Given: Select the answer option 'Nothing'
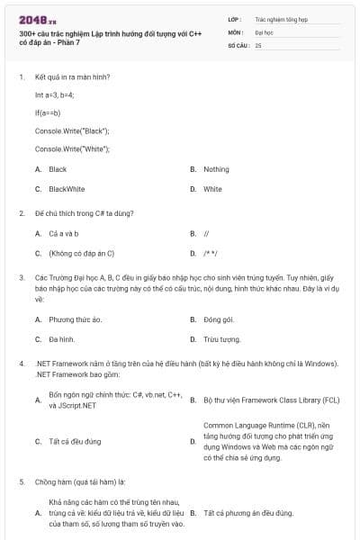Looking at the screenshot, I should click(x=216, y=169).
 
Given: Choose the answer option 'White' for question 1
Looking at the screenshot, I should click(x=212, y=189).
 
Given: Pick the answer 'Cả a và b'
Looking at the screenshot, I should click(x=64, y=233).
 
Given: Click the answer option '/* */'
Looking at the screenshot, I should click(x=211, y=253).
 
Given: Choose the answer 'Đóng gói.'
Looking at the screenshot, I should click(x=219, y=319).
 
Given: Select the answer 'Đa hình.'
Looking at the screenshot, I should click(x=61, y=339).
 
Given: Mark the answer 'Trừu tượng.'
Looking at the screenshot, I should click(x=221, y=339).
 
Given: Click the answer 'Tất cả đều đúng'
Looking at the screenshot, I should click(x=75, y=441).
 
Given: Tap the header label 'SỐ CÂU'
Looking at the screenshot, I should click(x=238, y=44).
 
